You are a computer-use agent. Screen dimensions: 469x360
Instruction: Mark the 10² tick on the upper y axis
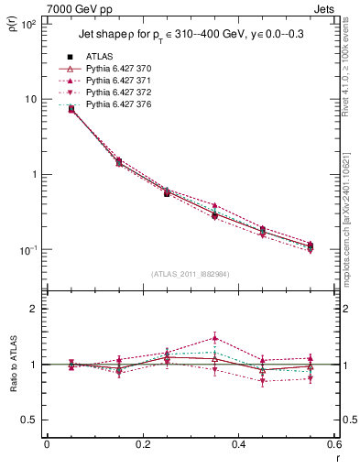[x=28, y=25]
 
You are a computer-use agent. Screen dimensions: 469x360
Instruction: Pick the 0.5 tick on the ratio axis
[x=28, y=420]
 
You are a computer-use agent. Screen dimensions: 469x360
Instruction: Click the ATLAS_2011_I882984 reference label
[x=189, y=274]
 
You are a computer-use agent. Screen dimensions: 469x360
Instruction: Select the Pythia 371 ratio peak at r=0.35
[x=214, y=337]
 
